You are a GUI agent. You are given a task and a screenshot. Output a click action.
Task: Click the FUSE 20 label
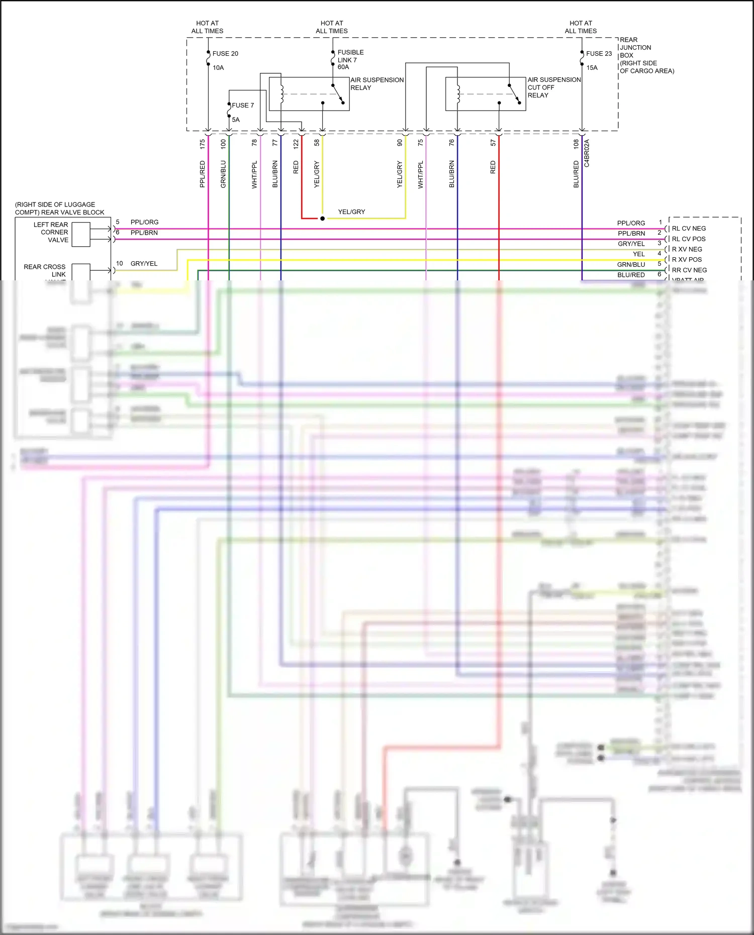pyautogui.click(x=225, y=54)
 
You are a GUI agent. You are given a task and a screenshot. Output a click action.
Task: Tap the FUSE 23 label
pyautogui.click(x=599, y=54)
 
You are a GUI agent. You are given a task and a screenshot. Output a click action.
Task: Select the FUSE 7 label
pyautogui.click(x=243, y=106)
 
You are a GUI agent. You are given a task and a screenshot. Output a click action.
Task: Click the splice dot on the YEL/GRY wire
pyautogui.click(x=322, y=219)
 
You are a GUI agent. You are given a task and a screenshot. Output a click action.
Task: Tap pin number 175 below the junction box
pyautogui.click(x=203, y=144)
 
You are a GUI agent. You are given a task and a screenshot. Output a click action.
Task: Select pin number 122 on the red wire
pyautogui.click(x=296, y=144)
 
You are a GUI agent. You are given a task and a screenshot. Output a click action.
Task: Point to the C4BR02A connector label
pyautogui.click(x=587, y=153)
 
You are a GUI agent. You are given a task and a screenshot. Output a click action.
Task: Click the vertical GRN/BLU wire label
pyautogui.click(x=223, y=174)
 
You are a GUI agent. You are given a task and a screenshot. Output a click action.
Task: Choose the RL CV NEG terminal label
pyautogui.click(x=689, y=229)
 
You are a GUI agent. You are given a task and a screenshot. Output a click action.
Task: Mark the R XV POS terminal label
pyautogui.click(x=687, y=260)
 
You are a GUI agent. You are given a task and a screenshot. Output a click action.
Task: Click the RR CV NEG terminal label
pyautogui.click(x=689, y=270)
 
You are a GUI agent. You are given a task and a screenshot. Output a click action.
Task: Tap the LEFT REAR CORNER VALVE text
pyautogui.click(x=51, y=232)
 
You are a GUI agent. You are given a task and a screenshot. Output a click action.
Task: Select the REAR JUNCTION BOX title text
pyautogui.click(x=635, y=48)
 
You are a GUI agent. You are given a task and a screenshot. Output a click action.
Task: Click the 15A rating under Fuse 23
pyautogui.click(x=592, y=68)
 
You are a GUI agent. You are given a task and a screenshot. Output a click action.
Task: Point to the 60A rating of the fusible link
pyautogui.click(x=343, y=67)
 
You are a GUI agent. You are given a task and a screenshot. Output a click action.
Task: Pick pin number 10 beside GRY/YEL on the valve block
pyautogui.click(x=120, y=263)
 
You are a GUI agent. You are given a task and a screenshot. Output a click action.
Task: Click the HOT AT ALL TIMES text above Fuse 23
pyautogui.click(x=581, y=27)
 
